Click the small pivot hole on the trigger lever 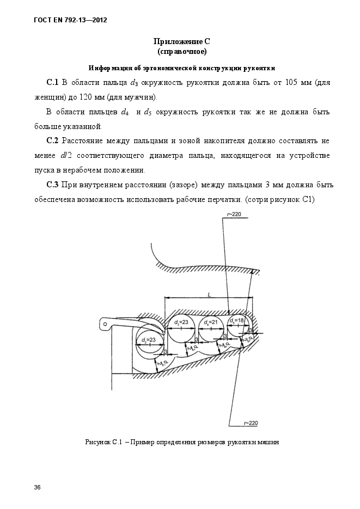coord(103,325)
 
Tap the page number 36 coord(37,486)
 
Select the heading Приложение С coord(181,41)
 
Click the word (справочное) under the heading coord(181,52)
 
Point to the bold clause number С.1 coord(53,82)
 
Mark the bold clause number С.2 coord(53,141)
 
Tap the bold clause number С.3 coord(53,185)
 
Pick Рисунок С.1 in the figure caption coord(103,442)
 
